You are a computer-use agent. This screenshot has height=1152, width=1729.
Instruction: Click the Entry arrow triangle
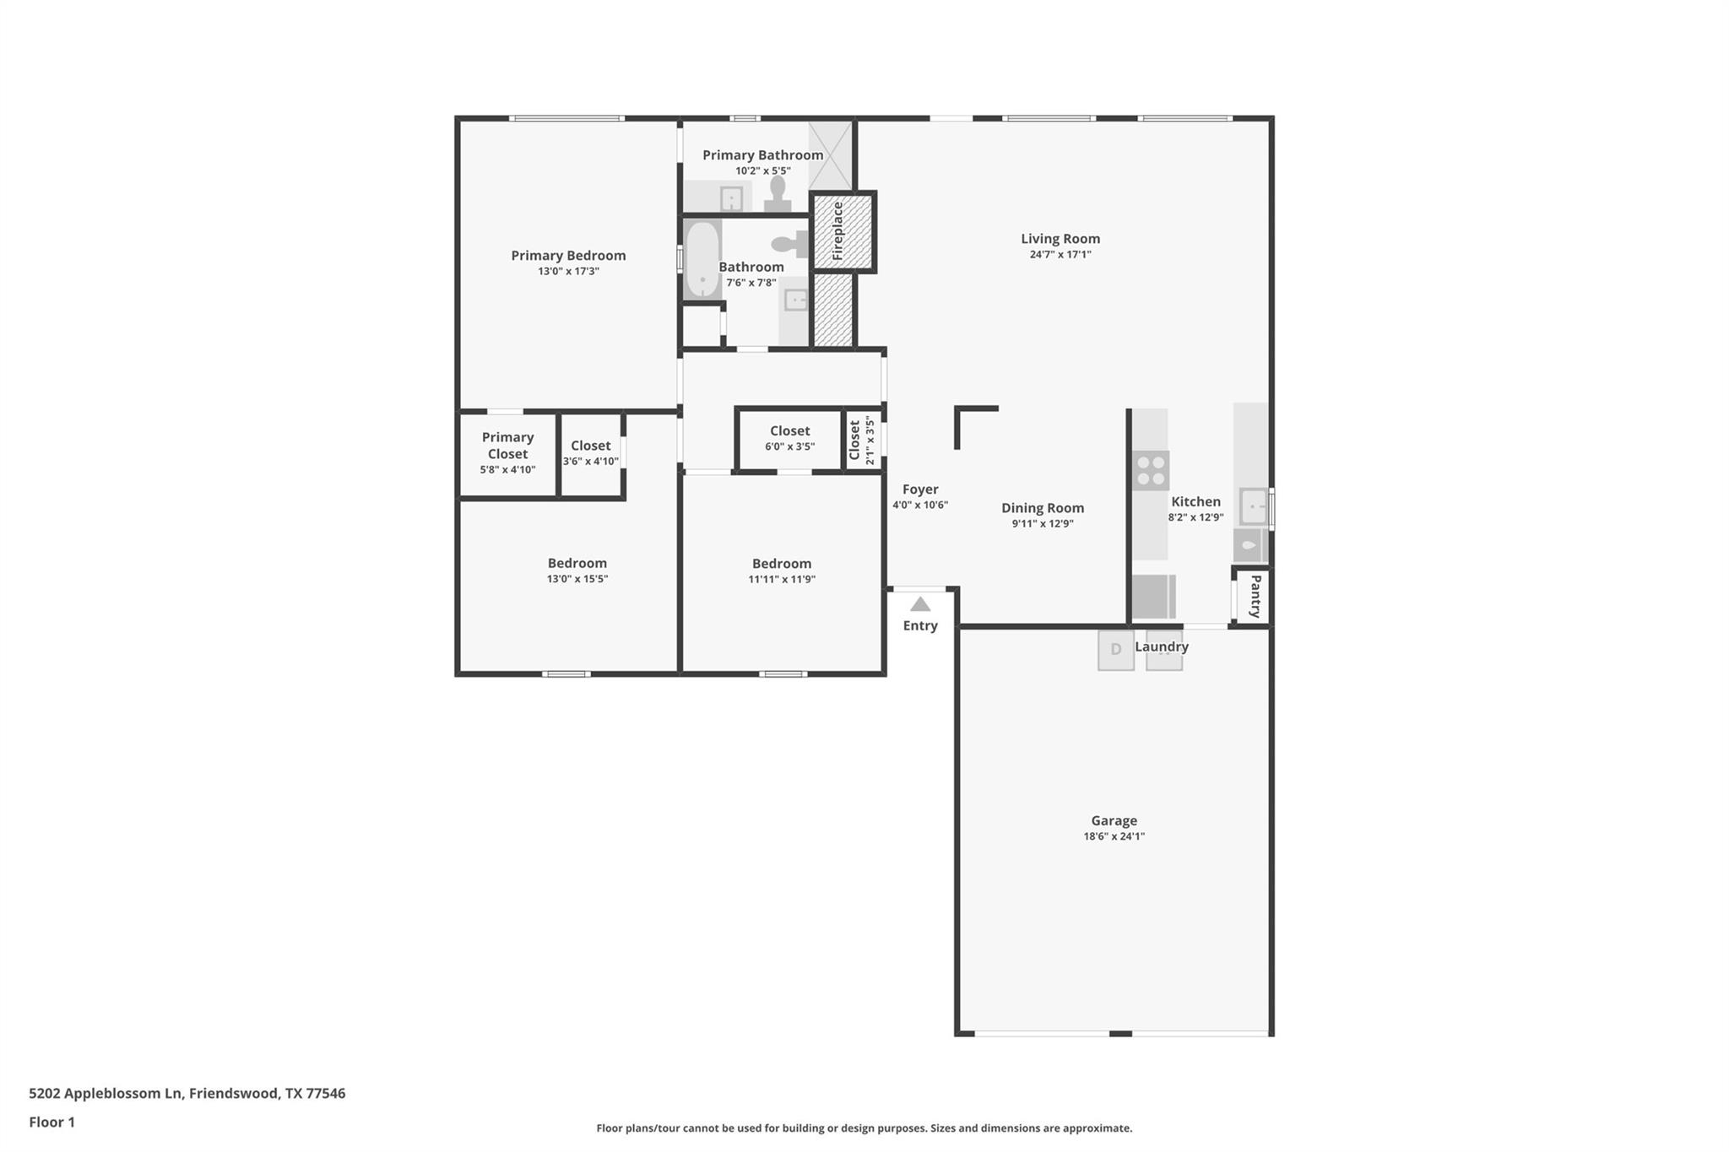920,604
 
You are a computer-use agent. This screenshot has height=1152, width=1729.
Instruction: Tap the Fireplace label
838,231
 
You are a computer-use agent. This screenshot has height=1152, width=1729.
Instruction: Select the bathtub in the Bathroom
702,259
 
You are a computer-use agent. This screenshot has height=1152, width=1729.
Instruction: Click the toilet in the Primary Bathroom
778,193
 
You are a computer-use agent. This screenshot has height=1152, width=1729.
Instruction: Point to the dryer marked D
1115,650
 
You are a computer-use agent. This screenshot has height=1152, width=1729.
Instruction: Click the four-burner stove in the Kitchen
1150,471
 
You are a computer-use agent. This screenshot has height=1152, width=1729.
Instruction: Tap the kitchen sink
1254,506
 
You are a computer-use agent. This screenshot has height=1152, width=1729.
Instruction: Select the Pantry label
1255,596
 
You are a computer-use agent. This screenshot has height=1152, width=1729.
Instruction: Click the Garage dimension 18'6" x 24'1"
1114,836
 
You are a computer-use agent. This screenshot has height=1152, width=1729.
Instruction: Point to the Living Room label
1060,239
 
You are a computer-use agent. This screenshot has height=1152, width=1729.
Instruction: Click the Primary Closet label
507,445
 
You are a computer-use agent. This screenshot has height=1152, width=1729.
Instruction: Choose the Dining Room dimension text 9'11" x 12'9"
1043,523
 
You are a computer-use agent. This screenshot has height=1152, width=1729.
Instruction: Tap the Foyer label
920,489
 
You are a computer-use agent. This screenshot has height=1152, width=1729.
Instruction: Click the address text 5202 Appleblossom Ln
106,1093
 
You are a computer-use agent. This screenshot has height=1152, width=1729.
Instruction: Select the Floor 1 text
51,1122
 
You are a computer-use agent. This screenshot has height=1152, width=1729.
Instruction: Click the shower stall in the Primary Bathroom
830,155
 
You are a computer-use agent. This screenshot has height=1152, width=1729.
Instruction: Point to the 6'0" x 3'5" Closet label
789,431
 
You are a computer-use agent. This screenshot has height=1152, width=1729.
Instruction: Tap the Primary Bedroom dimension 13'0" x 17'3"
568,271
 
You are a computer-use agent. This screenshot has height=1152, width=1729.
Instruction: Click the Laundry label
1162,646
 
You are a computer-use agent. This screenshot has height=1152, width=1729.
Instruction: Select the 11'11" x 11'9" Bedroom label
781,564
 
